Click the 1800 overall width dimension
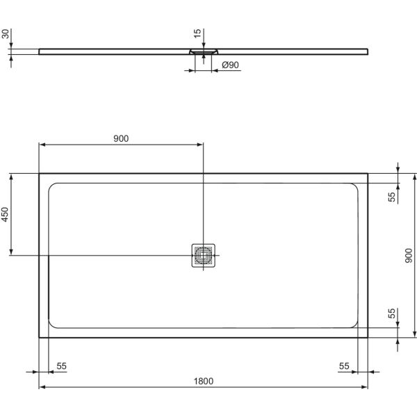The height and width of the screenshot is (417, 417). pos(203,380)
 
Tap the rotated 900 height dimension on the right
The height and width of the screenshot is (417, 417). pos(409,255)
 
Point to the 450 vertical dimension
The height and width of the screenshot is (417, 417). pos(6,213)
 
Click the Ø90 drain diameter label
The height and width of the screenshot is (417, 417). pos(229,65)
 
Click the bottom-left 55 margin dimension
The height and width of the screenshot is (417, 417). pos(61,365)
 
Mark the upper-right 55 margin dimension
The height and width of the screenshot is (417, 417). pos(392,197)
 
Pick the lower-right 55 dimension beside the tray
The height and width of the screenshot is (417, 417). pos(392,313)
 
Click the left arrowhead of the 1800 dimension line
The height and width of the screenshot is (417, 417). pos(41,387)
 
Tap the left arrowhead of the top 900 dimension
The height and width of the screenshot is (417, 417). pos(41,145)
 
